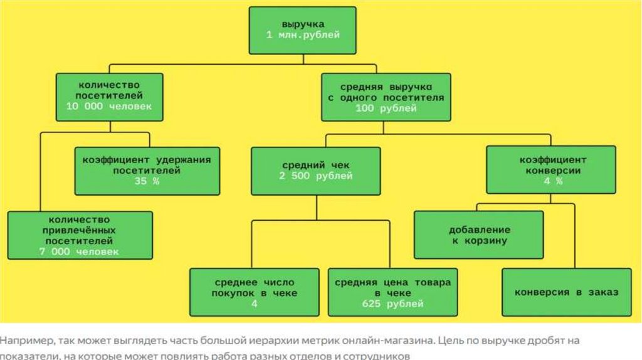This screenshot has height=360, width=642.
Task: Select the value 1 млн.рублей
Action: tap(303, 35)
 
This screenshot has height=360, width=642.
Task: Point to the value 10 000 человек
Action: tap(109, 107)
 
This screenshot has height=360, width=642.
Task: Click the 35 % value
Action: tap(147, 181)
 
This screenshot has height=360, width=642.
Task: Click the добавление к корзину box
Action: tap(479, 235)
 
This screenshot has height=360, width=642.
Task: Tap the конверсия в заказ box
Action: tap(566, 292)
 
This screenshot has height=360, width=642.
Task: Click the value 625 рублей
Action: tap(392, 304)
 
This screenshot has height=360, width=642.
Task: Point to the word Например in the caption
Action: tap(26, 341)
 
